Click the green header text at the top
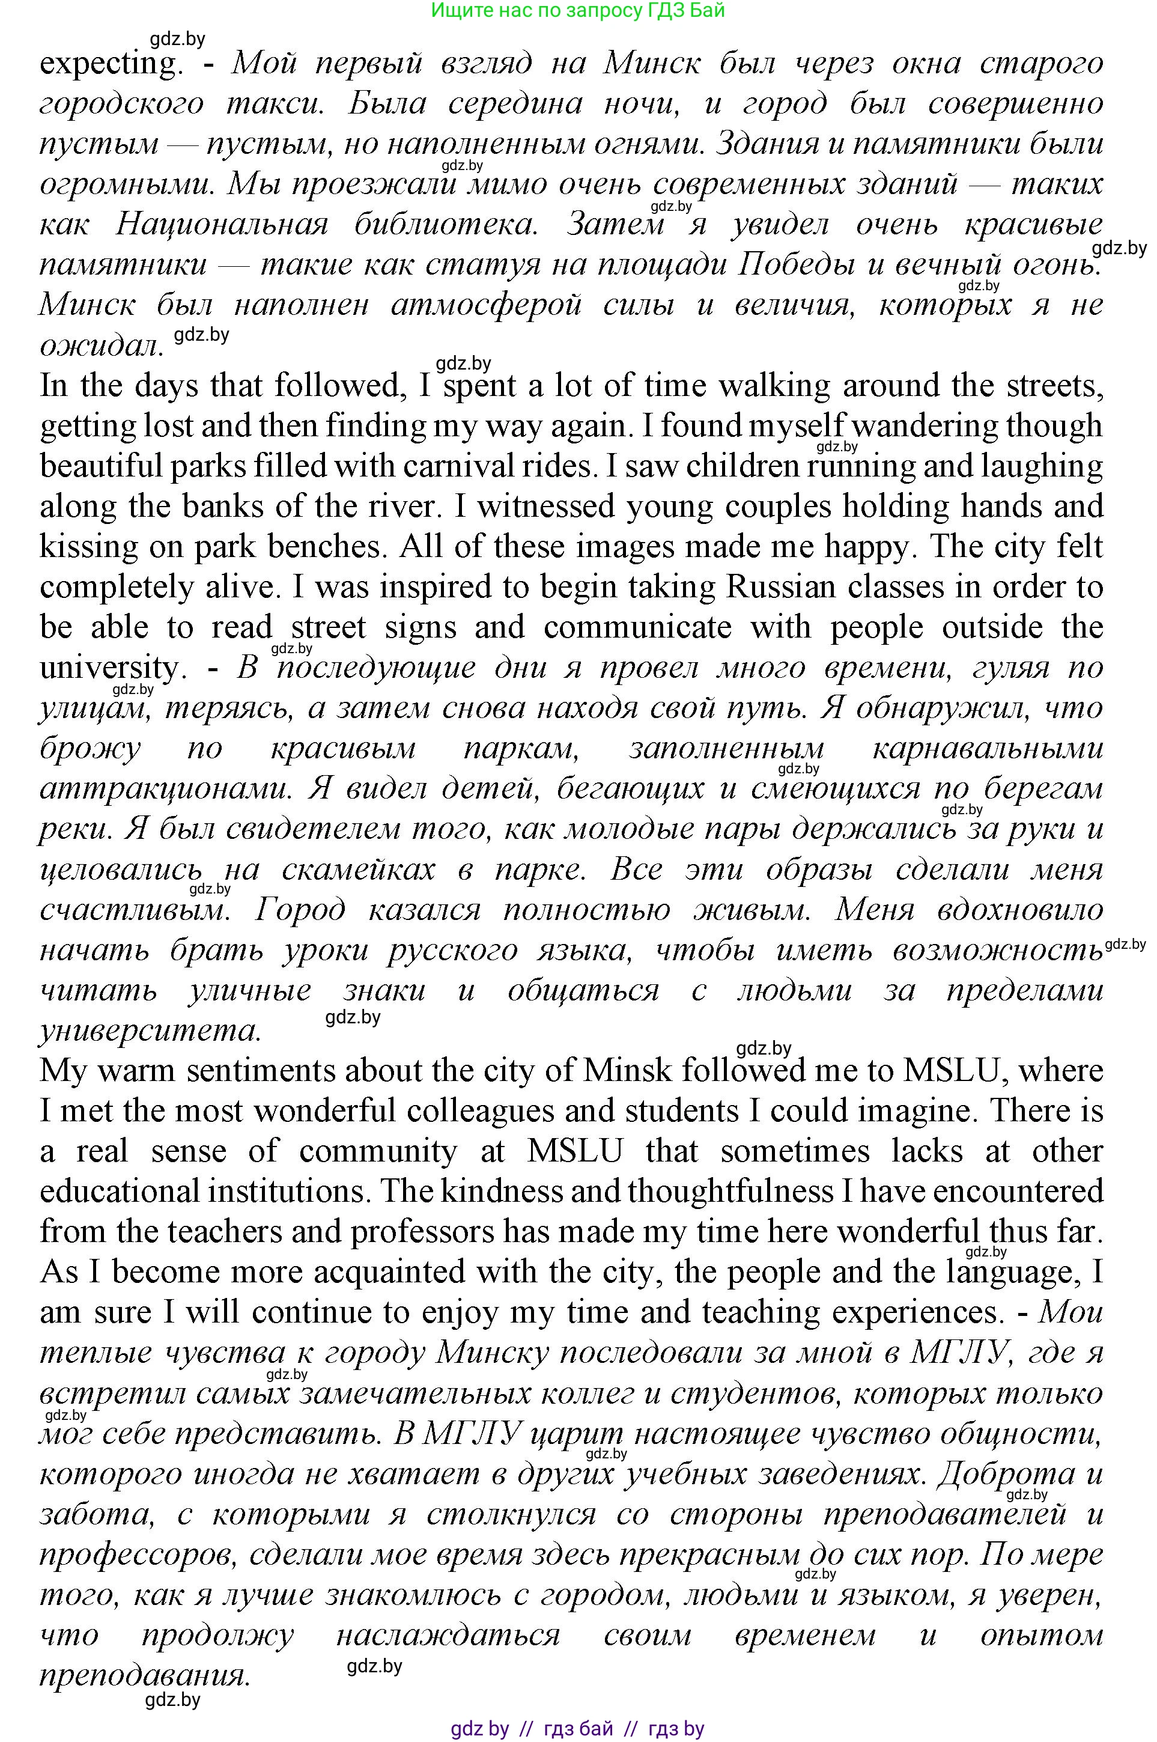pos(578,10)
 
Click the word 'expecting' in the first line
pos(109,64)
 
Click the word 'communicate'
pos(637,627)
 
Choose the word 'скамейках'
pos(359,869)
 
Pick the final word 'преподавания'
pos(144,1675)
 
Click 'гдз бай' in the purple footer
pos(578,1729)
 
